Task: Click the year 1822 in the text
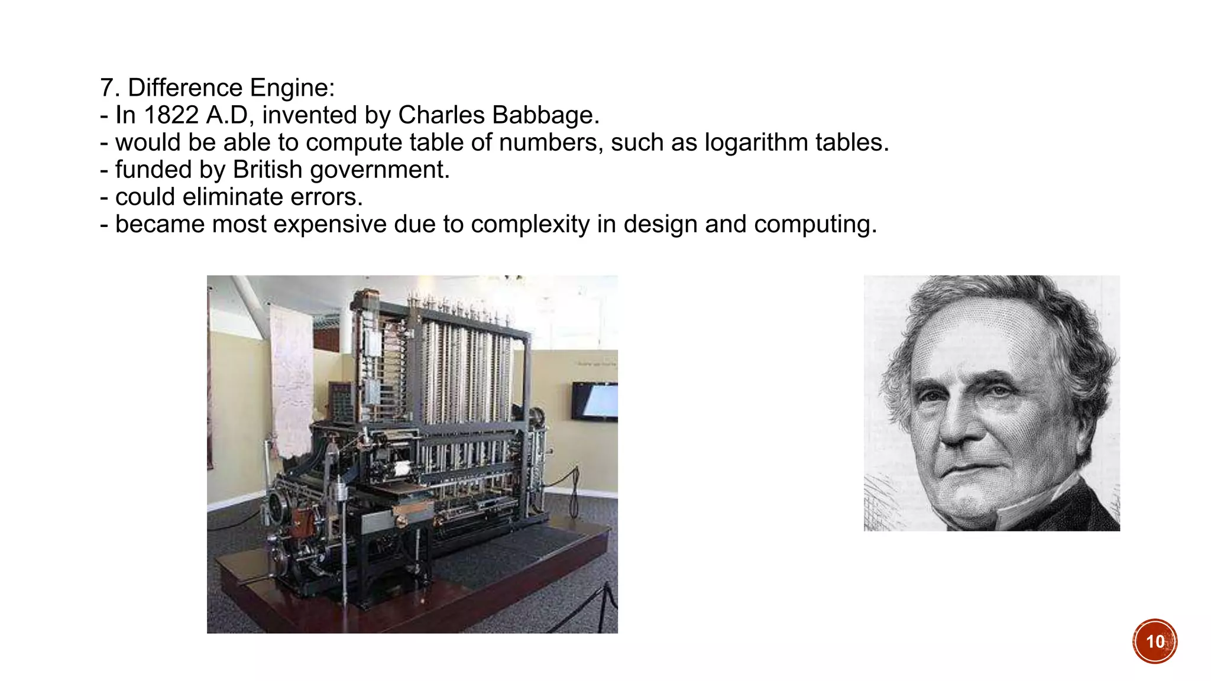[171, 115]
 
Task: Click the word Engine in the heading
[292, 87]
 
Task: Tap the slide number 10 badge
[1154, 641]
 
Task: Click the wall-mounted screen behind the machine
[596, 401]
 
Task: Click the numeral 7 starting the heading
[106, 87]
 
